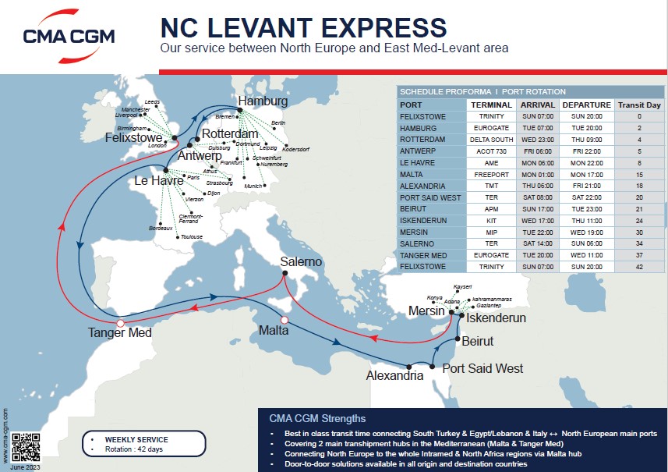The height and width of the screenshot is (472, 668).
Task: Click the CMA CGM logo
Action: coord(69,35)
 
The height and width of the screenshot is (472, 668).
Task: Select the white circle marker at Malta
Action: coord(285,320)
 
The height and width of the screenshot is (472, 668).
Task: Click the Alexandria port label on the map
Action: coord(394,375)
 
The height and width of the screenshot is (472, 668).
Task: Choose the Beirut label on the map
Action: coord(477,342)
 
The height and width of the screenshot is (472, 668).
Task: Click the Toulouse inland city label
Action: coord(192,236)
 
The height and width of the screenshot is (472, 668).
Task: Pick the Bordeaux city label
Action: coord(160,228)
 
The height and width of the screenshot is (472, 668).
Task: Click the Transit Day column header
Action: coord(639,105)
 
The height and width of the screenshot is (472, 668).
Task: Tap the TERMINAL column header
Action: coord(491,105)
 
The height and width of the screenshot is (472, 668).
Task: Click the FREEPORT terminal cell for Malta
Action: coord(491,175)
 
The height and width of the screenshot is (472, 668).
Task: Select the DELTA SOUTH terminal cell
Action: coord(491,140)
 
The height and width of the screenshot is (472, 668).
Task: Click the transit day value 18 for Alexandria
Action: coord(639,186)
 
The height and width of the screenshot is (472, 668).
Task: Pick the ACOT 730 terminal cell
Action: coord(491,151)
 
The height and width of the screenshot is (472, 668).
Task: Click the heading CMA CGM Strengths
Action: coord(316,418)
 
